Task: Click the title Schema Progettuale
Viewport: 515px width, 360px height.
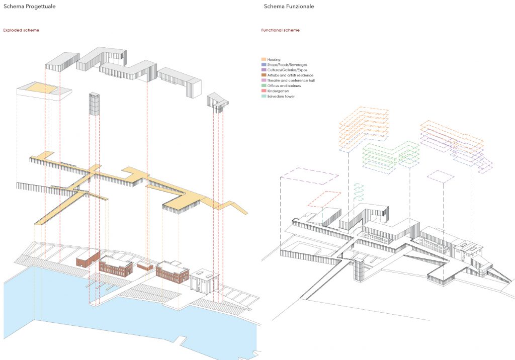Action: (x=30, y=6)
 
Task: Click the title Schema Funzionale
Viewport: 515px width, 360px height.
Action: (x=289, y=6)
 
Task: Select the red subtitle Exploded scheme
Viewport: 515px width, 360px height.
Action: (x=21, y=30)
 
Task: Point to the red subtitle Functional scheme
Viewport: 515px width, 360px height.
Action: (x=281, y=30)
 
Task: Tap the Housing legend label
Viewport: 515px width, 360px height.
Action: (x=274, y=59)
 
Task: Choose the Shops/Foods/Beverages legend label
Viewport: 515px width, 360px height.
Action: (x=287, y=65)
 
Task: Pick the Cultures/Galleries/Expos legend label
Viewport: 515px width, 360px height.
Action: (x=287, y=70)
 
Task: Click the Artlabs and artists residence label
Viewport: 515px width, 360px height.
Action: (x=290, y=75)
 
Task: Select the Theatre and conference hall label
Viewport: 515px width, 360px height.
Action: (x=291, y=80)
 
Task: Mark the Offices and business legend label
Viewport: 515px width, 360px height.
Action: (x=284, y=86)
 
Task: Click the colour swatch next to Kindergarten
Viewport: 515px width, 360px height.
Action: (x=264, y=91)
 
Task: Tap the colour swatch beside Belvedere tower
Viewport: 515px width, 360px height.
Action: (x=264, y=96)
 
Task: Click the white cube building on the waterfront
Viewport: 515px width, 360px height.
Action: (x=204, y=280)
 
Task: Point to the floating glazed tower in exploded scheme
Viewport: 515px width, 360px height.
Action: (x=94, y=104)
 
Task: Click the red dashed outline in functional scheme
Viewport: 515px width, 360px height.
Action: (x=324, y=199)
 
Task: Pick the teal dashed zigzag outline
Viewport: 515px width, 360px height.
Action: (x=359, y=193)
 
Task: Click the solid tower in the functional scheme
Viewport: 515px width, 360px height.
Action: (x=359, y=269)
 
